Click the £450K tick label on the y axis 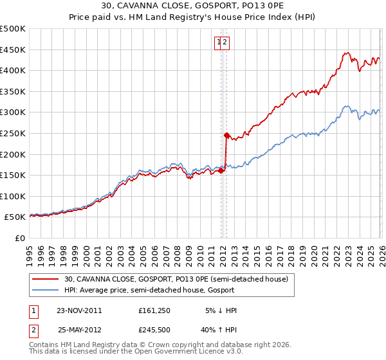(12, 50)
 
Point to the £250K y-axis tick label (12, 133)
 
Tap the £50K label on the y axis (15, 217)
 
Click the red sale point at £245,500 (226, 135)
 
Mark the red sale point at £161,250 (221, 170)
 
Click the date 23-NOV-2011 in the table (80, 310)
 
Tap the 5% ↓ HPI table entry (221, 310)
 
